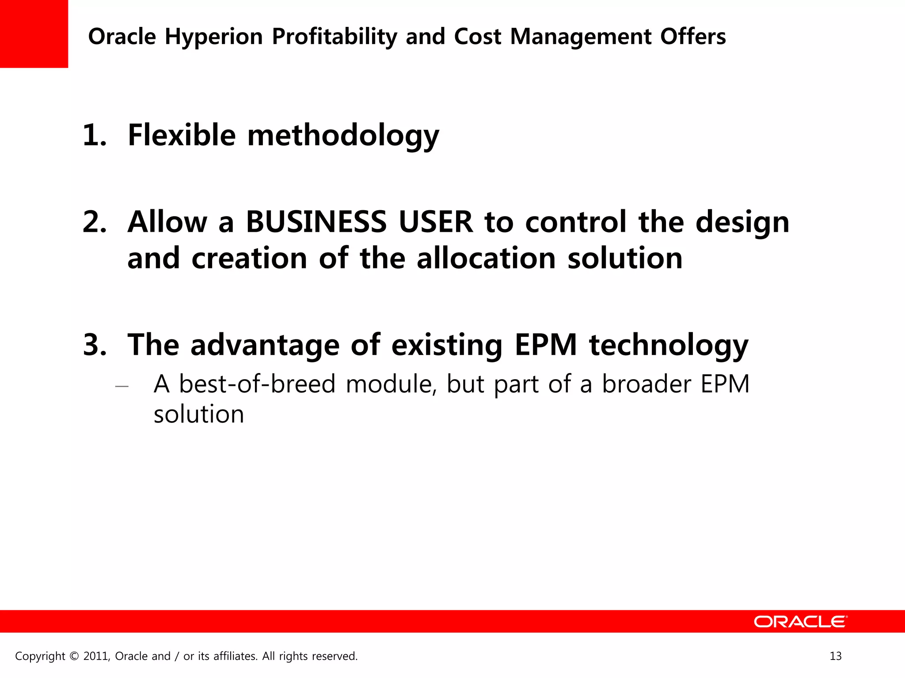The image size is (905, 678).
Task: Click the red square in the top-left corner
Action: [34, 34]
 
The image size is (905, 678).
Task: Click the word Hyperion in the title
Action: [214, 37]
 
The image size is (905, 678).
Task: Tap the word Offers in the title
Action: [693, 36]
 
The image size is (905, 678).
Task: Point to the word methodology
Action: [343, 136]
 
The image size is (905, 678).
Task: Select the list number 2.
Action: [95, 222]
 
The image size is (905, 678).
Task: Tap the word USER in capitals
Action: [435, 222]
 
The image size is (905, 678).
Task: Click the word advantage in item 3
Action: [265, 345]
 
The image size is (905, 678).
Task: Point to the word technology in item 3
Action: [669, 345]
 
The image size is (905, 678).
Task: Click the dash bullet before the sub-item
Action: [122, 387]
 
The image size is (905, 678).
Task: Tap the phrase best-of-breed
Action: [257, 384]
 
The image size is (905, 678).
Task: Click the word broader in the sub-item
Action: [646, 384]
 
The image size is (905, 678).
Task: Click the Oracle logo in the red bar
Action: [800, 621]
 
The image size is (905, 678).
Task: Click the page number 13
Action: [835, 656]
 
